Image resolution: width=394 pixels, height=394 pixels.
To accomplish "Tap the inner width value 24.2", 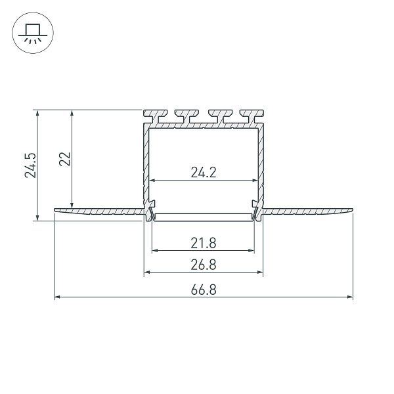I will (x=204, y=173).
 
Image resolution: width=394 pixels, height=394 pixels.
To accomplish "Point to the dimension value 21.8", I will (x=204, y=244).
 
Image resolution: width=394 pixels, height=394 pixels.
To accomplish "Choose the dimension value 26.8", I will (x=204, y=265).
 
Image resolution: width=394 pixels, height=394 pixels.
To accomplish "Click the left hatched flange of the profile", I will (x=98, y=211).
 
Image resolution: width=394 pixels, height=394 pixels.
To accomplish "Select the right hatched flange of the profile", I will (x=309, y=211).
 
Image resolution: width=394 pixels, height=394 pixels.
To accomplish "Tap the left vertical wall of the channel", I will (x=145, y=164).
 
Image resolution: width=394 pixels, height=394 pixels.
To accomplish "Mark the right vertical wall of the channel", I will (x=262, y=164).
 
